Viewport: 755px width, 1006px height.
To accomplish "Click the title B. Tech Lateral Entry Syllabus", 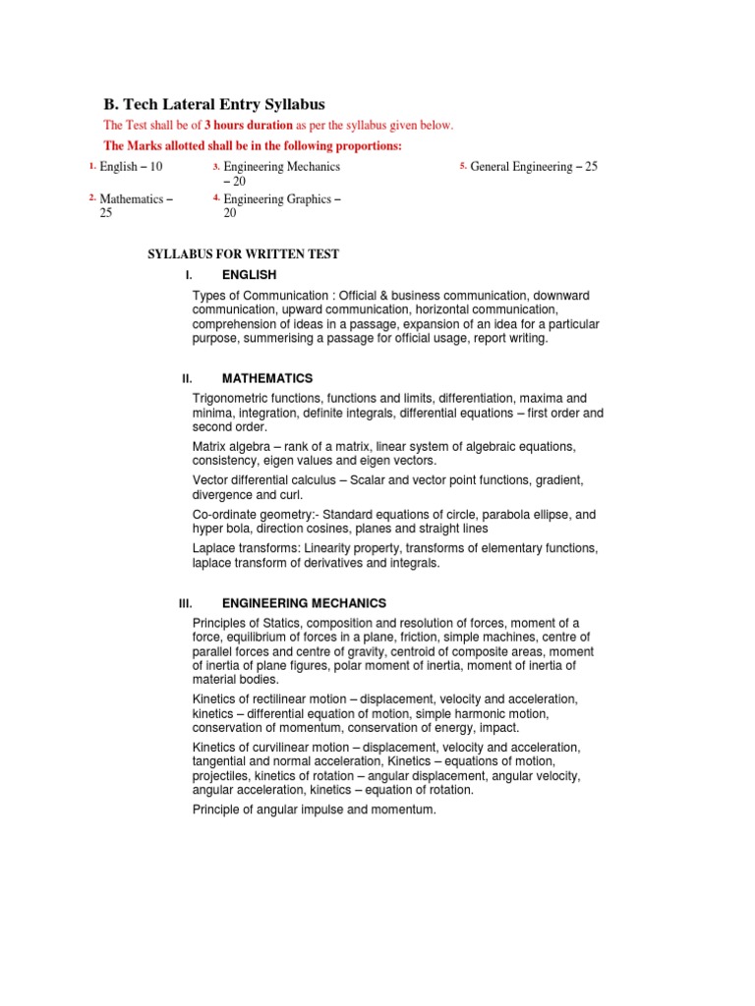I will click(x=214, y=104).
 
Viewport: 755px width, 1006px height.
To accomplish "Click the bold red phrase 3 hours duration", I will click(x=248, y=125).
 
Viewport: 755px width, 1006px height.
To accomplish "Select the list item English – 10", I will click(x=131, y=167).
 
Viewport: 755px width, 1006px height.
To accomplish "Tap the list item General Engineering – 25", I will click(x=534, y=167).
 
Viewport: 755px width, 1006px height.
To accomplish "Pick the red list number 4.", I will click(x=216, y=198).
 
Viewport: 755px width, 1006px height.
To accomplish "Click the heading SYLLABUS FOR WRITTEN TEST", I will click(x=243, y=254).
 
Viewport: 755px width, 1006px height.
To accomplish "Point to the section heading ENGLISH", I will click(x=249, y=275).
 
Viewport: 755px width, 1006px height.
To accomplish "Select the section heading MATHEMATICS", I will click(x=267, y=378).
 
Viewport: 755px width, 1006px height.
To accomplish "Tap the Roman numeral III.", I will click(x=185, y=603).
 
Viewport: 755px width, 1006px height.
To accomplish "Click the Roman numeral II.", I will click(x=187, y=378).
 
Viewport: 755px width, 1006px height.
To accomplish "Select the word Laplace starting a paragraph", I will click(x=216, y=548).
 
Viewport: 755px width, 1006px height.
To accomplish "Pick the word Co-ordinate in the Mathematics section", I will click(x=225, y=515).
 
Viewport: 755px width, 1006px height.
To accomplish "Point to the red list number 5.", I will click(x=462, y=166).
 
